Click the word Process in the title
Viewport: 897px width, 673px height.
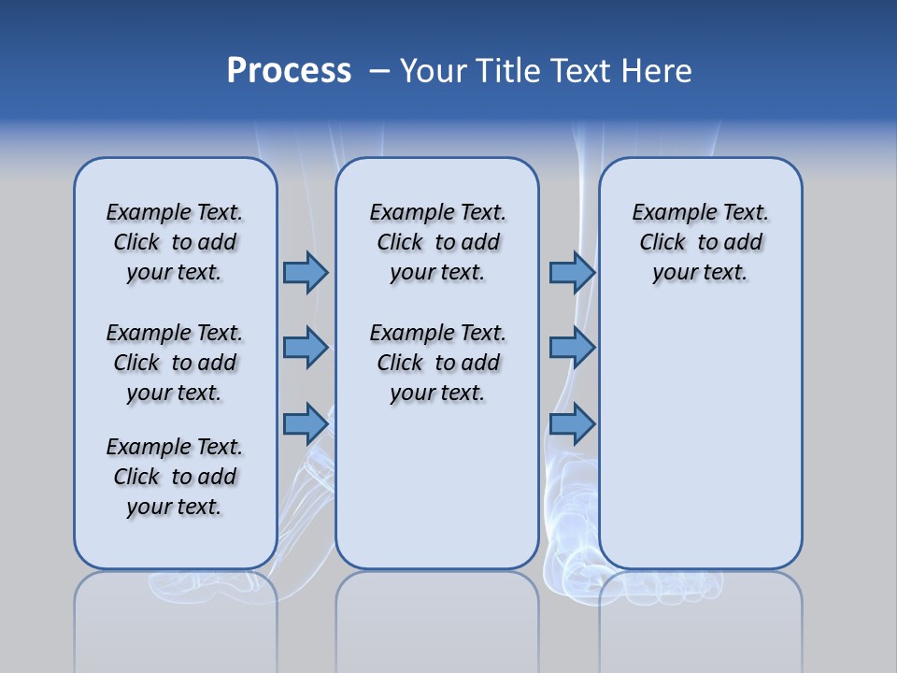[289, 70]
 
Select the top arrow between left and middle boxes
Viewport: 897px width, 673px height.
[305, 272]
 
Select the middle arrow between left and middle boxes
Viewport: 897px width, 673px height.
[305, 348]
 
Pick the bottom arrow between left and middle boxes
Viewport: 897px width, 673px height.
[305, 423]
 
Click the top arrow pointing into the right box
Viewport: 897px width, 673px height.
[572, 272]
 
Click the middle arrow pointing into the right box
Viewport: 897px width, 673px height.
[572, 348]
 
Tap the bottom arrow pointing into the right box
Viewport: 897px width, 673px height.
[572, 423]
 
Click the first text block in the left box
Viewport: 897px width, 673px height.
[175, 242]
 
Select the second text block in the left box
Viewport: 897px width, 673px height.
[175, 363]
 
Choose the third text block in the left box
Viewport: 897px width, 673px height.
[175, 477]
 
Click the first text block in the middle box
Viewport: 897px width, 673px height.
[437, 242]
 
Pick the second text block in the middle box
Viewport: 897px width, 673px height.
[437, 363]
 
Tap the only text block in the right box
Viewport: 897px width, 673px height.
[700, 242]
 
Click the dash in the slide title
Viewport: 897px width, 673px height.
[379, 71]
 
